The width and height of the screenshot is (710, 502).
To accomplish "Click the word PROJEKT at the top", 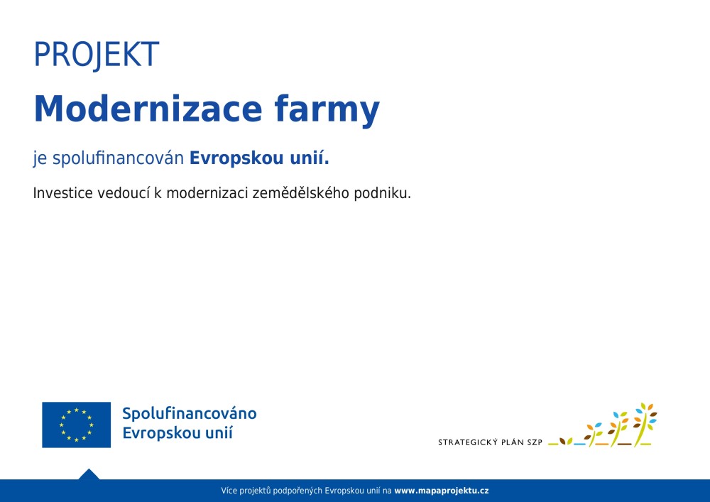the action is point(97,55).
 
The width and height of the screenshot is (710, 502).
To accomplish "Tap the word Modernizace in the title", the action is point(148,109).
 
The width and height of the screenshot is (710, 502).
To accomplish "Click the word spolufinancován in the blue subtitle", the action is point(118,158).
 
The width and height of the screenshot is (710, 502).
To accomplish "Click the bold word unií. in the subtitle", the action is point(310,158).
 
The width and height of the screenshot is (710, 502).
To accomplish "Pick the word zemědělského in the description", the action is point(300,194).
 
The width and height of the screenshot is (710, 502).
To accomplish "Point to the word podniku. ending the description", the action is point(383,194).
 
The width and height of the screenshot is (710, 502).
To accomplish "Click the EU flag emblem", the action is point(77,425).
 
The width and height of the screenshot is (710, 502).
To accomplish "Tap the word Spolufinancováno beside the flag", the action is point(190,414).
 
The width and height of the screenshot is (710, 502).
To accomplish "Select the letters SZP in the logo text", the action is point(535,442).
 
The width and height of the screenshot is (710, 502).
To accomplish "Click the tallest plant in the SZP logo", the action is point(645,424).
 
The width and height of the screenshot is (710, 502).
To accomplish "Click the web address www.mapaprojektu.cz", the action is point(442,491).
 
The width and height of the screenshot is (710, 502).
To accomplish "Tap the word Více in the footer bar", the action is point(229,491).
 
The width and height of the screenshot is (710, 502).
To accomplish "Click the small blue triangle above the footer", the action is point(89,474).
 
